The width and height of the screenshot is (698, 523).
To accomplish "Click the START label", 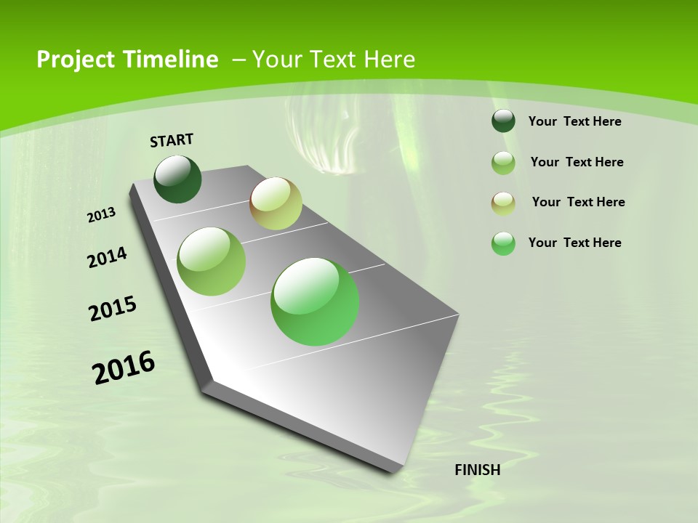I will click(172, 140).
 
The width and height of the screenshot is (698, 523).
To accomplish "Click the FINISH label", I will click(477, 470).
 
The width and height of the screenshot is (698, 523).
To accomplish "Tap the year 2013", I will click(102, 215).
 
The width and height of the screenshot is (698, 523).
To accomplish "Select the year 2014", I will click(107, 258).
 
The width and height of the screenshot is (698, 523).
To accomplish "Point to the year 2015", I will click(113, 309).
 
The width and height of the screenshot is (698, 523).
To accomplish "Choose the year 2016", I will click(124, 368).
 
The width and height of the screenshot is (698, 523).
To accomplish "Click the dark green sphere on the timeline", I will click(178, 179).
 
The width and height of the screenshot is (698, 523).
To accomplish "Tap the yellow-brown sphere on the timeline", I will click(276, 203).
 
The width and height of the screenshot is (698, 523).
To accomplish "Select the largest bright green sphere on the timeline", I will click(315, 301).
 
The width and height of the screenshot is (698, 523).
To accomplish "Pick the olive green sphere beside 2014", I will click(212, 261).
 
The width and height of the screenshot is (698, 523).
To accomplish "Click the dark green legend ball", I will click(503, 121).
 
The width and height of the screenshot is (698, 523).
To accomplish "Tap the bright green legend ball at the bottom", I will click(503, 243).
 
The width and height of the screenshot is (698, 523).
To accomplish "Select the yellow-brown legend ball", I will click(503, 203).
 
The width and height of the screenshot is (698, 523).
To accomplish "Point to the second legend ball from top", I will click(503, 163).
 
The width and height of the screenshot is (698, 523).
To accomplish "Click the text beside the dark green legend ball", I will click(574, 121).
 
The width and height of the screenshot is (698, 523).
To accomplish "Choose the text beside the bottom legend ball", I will click(574, 243).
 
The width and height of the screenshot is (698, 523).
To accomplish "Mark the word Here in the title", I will click(389, 60).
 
